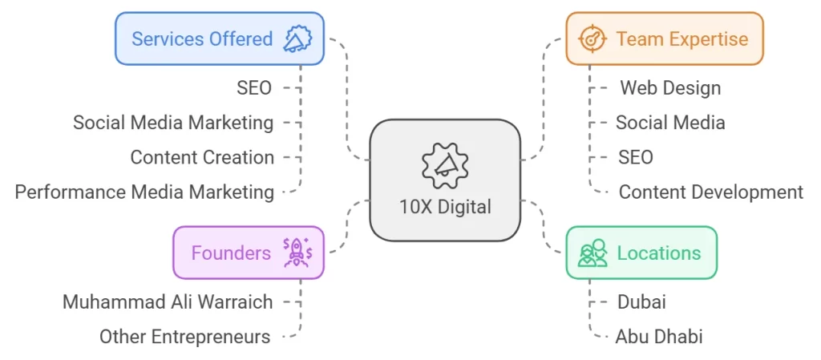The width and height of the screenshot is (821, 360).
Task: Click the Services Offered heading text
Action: coord(202,38)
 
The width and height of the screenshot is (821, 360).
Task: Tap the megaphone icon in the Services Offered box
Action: coord(297,38)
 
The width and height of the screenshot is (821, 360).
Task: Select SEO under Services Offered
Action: coord(254,88)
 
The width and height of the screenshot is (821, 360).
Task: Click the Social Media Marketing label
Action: coord(173,123)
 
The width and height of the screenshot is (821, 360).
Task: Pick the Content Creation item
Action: coord(202,157)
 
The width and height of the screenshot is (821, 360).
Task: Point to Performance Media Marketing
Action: coord(144,192)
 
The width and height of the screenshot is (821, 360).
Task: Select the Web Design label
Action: coord(670,88)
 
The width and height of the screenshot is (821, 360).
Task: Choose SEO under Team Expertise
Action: coord(635,157)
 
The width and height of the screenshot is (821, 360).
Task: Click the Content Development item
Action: coord(710,192)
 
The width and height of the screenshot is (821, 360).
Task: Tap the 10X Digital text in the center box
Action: coord(445,207)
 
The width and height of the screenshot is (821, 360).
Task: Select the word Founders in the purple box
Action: coord(231,253)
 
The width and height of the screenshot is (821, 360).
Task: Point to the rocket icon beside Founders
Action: coord(296,253)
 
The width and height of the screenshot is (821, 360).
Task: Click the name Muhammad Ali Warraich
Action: coord(168,302)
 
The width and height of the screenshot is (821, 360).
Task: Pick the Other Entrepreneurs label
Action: coord(184,337)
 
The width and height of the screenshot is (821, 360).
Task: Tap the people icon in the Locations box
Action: coord(592,253)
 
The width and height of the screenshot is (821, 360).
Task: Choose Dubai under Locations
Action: coord(641,302)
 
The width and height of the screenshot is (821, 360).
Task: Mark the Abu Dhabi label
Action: coord(659,337)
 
